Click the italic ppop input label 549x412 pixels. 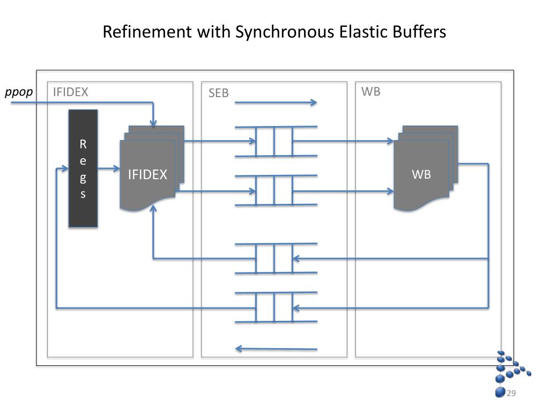19,92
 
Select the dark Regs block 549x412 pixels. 83,168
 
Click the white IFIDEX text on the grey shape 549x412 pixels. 147,174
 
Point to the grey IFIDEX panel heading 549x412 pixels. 70,92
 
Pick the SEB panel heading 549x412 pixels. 219,93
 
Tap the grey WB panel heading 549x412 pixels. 371,91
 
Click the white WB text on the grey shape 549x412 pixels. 421,174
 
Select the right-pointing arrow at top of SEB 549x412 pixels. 276,102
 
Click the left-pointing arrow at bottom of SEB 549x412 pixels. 276,349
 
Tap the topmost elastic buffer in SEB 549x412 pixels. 274,142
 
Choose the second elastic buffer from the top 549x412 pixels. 274,190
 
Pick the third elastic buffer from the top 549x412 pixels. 274,259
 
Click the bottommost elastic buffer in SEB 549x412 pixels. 274,307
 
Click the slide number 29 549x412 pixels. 511,394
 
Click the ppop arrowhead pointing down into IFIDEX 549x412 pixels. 153,123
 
